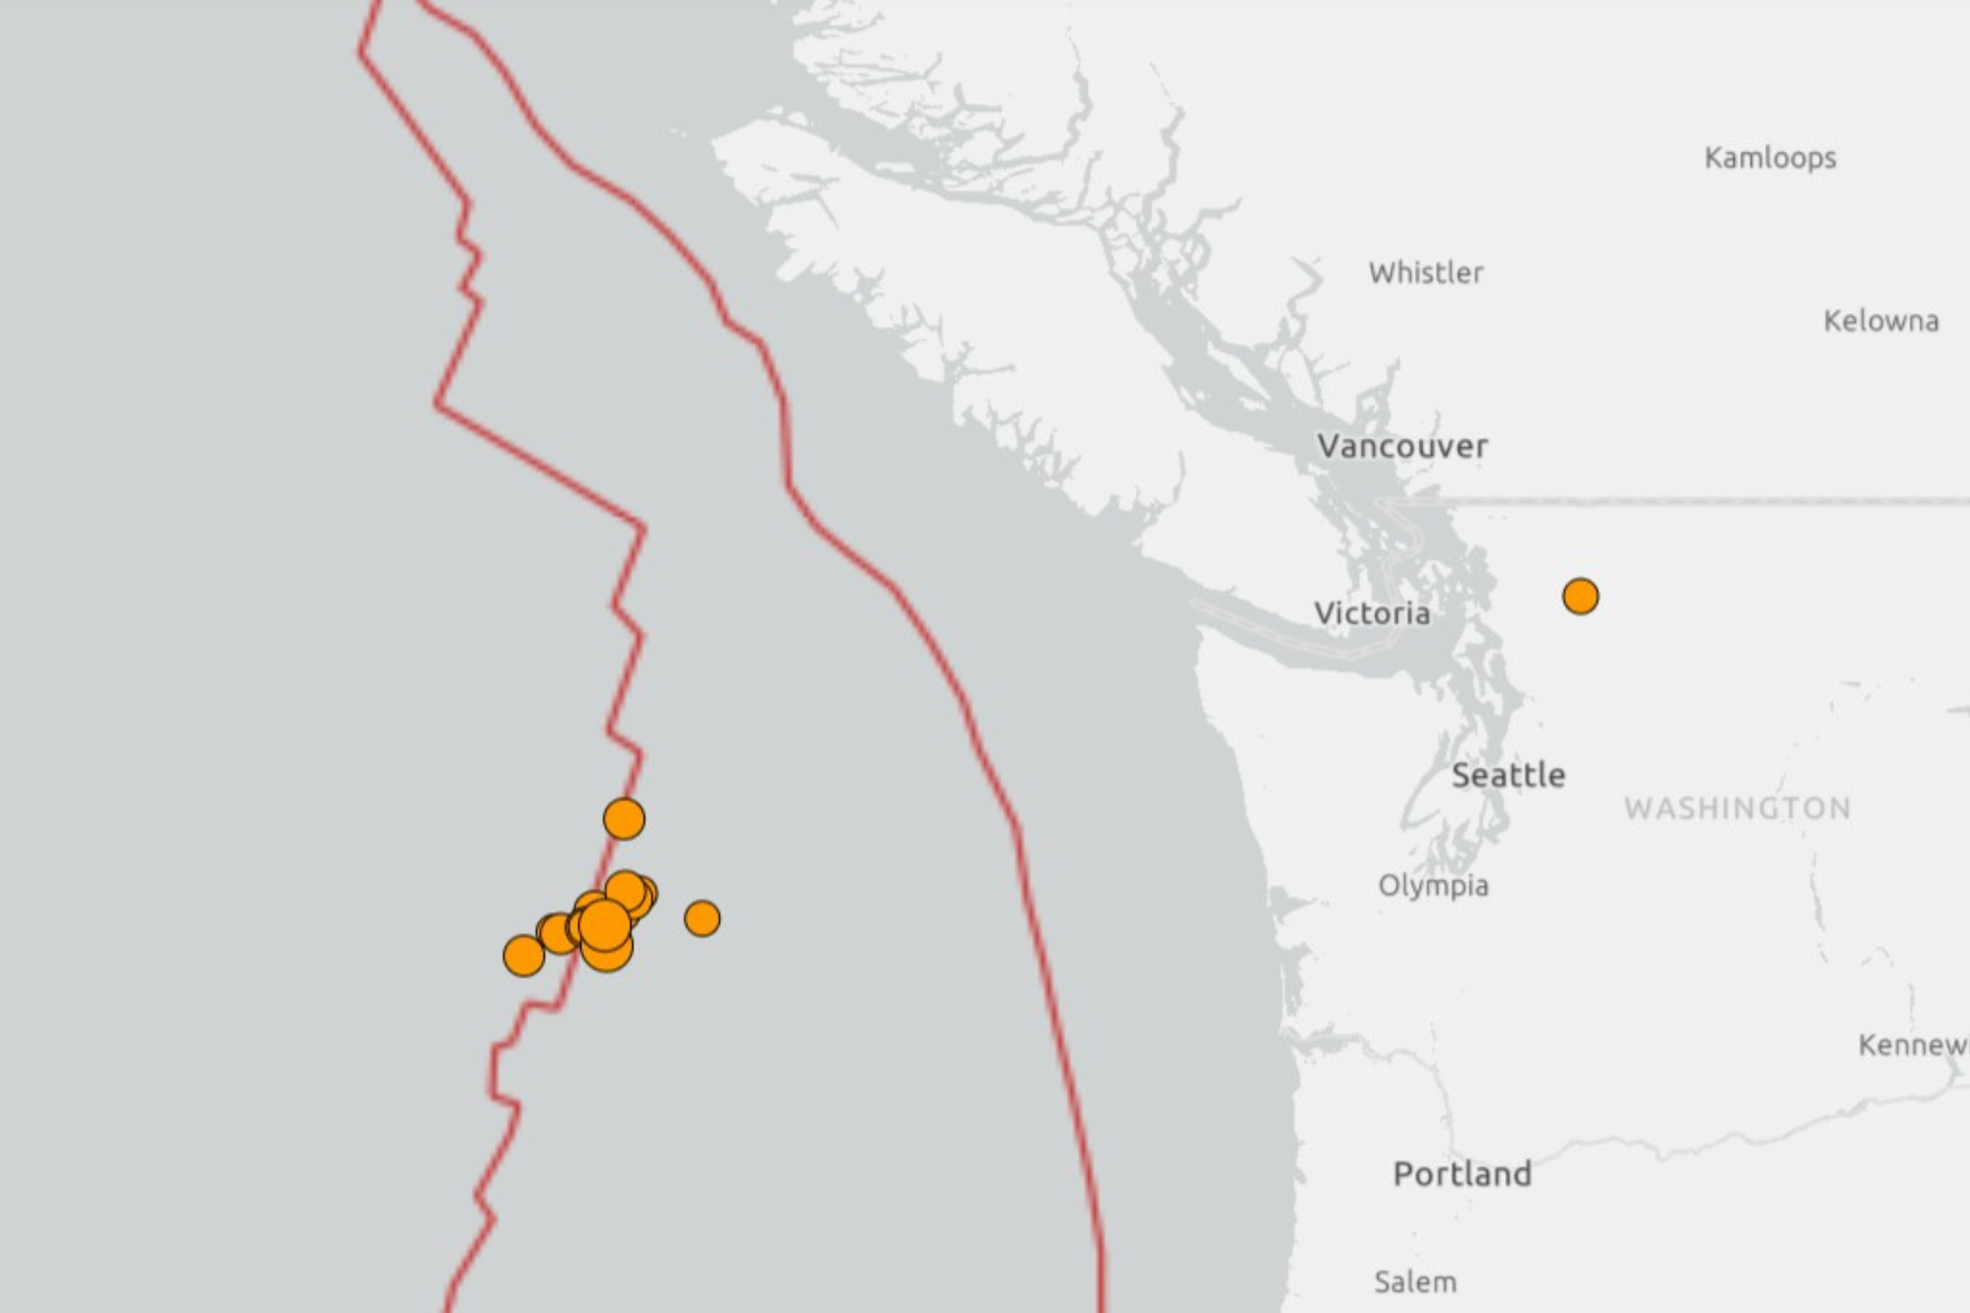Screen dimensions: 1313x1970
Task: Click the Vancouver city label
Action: point(1403,446)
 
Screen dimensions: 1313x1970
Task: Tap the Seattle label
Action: point(1508,775)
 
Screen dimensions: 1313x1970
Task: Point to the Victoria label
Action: point(1372,614)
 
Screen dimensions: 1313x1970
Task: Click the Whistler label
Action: point(1426,273)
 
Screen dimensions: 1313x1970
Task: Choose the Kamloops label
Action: point(1770,158)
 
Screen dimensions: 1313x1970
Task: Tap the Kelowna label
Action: point(1881,321)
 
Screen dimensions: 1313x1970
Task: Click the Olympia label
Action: point(1433,886)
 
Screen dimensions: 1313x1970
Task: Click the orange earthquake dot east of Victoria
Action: point(1581,596)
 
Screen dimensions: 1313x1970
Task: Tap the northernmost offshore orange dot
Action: point(624,818)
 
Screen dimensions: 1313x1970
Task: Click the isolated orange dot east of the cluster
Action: point(702,918)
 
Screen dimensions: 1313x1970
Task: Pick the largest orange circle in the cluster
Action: point(605,925)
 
